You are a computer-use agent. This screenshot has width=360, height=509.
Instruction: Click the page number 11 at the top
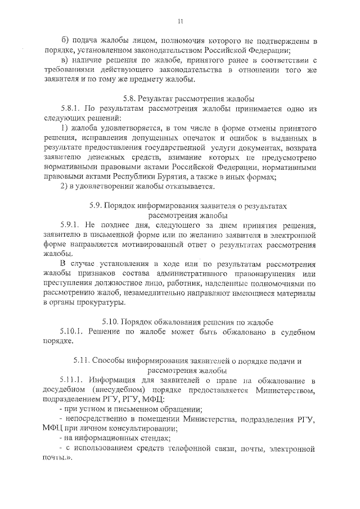tap(181, 21)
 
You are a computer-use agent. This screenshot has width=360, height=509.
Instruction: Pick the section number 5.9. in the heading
tap(98, 206)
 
